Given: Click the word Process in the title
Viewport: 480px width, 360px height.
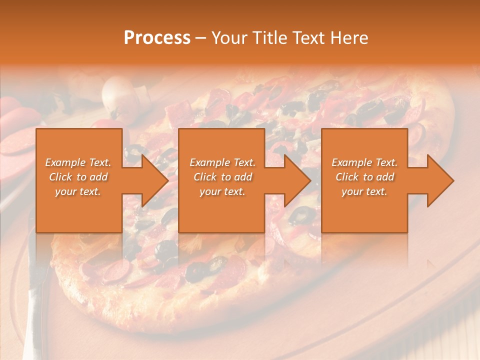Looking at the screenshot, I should (x=157, y=38).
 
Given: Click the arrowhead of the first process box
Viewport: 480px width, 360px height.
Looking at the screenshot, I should (x=152, y=180).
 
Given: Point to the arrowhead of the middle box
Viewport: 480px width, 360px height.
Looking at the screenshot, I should (x=295, y=180).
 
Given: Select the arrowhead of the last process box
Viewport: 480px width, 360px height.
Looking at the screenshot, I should (x=438, y=180).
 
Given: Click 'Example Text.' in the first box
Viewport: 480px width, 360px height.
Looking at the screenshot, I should (x=78, y=162).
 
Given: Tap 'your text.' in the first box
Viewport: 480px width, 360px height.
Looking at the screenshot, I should (x=78, y=191).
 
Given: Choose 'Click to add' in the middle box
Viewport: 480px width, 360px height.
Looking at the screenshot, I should (x=222, y=177).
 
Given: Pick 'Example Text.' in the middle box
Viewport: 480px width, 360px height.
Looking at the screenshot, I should (x=222, y=162).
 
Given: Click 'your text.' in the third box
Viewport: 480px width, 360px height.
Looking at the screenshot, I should (x=364, y=191).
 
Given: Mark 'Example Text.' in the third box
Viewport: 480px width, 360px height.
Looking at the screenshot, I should (x=364, y=162).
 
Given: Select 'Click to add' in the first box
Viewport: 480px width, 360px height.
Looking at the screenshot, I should (x=78, y=177).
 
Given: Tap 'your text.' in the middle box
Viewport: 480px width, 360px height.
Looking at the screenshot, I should (x=222, y=191).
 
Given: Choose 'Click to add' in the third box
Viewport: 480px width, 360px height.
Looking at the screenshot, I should (x=364, y=177).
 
